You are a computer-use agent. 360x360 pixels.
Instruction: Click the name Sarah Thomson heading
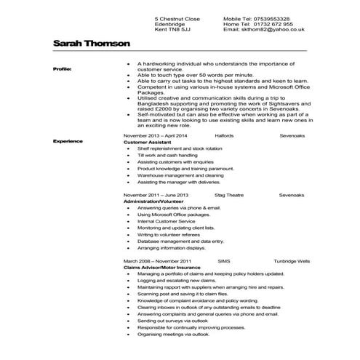point(91,44)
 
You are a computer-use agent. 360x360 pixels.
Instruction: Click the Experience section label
point(67,140)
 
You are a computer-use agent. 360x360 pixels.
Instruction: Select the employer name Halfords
point(225,135)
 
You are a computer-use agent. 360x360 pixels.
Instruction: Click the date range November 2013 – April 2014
point(155,135)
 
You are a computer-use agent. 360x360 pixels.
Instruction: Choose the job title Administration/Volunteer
point(156,201)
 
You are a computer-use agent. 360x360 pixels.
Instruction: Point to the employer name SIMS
point(223,260)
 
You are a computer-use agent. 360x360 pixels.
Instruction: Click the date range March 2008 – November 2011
point(156,260)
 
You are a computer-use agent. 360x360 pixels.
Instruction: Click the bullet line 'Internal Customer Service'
point(164,221)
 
